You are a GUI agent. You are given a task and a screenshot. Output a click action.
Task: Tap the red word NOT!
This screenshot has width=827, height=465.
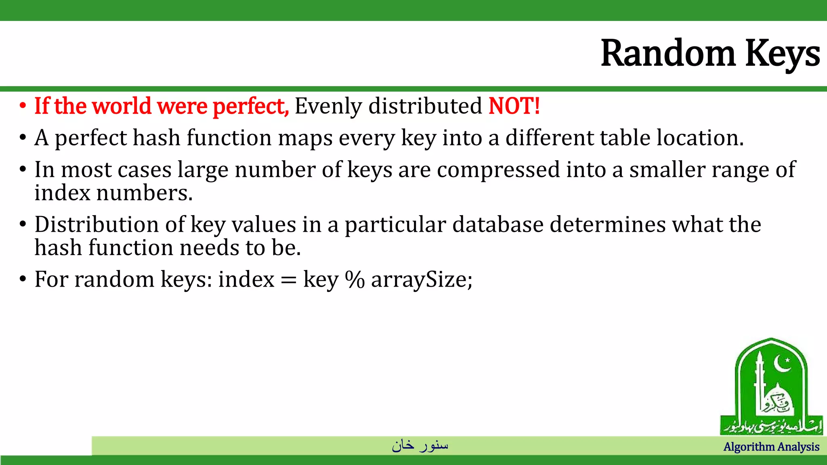514,106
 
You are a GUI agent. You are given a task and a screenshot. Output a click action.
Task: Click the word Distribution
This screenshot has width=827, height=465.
97,224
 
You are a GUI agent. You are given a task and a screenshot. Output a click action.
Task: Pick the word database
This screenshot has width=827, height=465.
498,224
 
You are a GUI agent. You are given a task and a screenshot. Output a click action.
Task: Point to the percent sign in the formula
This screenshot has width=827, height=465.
355,279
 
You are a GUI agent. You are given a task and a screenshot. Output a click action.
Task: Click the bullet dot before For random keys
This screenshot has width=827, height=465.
23,279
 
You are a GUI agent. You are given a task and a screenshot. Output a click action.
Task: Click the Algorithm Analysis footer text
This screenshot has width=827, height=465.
771,447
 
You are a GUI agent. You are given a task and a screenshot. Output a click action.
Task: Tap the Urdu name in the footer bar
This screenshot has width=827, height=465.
420,445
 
